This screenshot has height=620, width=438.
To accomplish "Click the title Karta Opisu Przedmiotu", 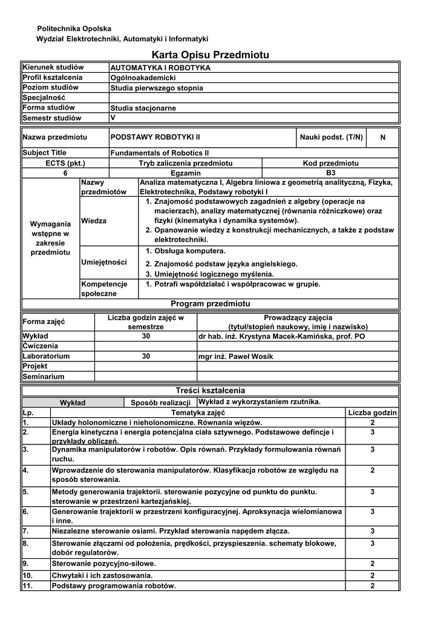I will click(219, 55).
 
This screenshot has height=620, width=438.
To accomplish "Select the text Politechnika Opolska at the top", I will click(74, 28).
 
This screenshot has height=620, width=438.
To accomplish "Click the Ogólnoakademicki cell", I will click(143, 78).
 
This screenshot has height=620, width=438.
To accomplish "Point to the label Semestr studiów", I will click(52, 118).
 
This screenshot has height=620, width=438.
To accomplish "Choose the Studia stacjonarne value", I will click(143, 108).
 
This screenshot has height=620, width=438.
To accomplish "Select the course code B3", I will click(330, 173).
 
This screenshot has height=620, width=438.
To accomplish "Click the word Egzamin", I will click(185, 173).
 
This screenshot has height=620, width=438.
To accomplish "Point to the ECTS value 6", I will click(65, 173).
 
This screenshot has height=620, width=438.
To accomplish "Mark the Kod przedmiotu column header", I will click(330, 163).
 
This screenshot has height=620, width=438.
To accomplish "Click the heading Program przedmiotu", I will click(210, 303).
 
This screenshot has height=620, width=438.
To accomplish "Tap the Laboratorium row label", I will click(47, 357).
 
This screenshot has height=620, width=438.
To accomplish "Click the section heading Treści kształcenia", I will click(210, 391).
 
